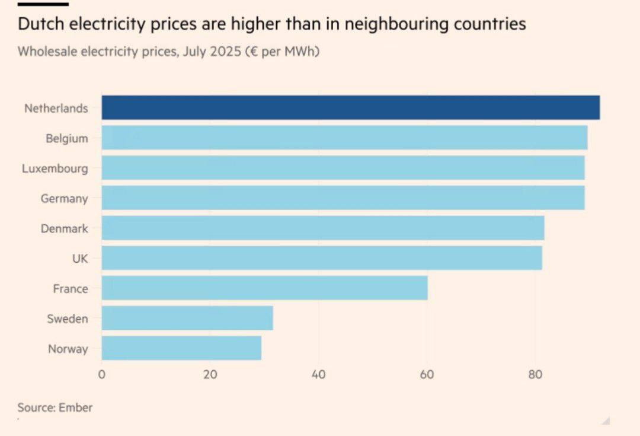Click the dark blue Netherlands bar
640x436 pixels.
(x=350, y=108)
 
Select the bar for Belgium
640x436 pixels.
(x=344, y=138)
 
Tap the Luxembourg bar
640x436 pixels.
(x=343, y=168)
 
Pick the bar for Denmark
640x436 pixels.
(x=323, y=228)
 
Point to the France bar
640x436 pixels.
(x=264, y=288)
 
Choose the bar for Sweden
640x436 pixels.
(x=187, y=318)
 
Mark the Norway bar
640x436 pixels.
(x=181, y=348)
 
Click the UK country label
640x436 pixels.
(x=79, y=259)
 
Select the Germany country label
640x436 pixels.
(x=64, y=199)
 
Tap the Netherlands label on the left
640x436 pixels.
(x=56, y=109)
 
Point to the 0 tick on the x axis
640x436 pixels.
(x=102, y=375)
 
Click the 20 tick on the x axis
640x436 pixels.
(x=210, y=375)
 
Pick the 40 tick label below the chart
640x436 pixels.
(x=319, y=375)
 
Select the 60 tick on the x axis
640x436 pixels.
(x=427, y=375)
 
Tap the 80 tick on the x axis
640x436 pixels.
(x=536, y=375)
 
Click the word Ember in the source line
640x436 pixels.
(x=75, y=408)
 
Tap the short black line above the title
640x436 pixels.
(x=43, y=4)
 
